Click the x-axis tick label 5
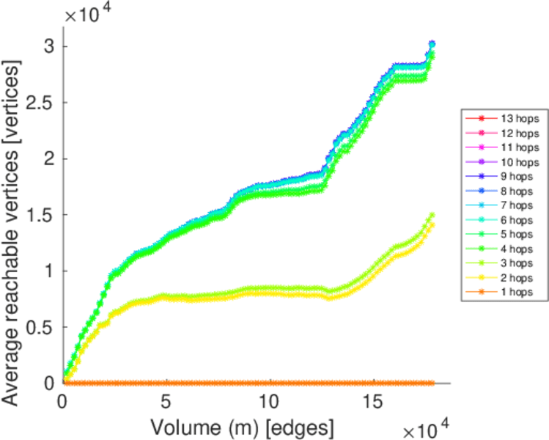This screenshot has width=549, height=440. click(x=167, y=402)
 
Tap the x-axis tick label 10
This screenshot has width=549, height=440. click(x=270, y=402)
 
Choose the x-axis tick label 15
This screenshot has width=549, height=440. click(x=375, y=402)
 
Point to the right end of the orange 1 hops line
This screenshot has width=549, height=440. click(x=433, y=383)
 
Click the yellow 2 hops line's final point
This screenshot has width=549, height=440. click(x=432, y=225)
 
